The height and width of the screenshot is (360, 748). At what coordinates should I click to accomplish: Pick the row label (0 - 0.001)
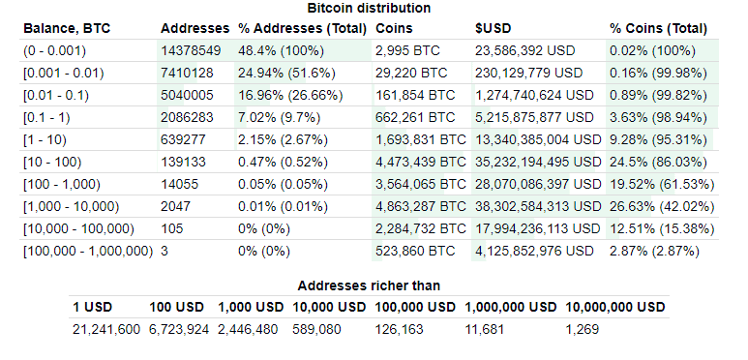tap(54, 50)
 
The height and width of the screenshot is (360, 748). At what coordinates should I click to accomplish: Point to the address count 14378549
tap(193, 50)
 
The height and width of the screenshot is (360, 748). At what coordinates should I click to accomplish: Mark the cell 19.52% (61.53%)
tap(662, 184)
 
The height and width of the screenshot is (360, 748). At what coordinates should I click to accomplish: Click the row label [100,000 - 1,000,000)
tap(88, 251)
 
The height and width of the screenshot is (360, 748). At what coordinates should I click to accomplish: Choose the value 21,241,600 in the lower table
tap(106, 329)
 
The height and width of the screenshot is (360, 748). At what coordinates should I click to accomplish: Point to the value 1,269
tap(582, 329)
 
